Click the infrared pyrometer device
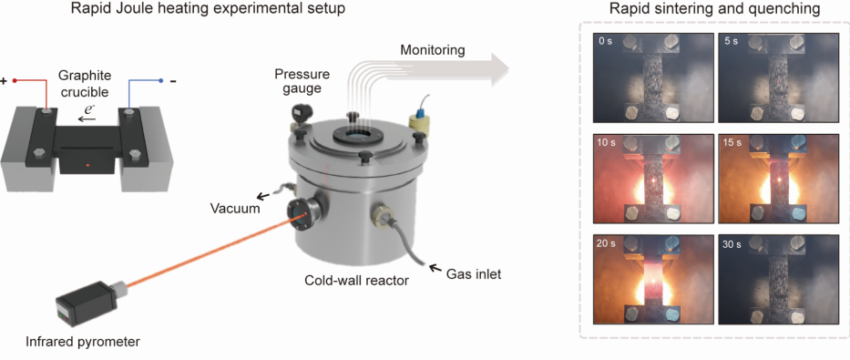point(91,303)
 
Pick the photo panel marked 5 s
point(778,78)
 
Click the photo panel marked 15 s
point(778,180)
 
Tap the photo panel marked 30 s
point(778,280)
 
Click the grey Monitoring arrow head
point(500,70)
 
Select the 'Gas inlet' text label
point(474,274)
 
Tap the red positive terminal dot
point(15,81)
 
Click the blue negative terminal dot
point(160,81)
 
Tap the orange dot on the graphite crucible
point(87,164)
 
